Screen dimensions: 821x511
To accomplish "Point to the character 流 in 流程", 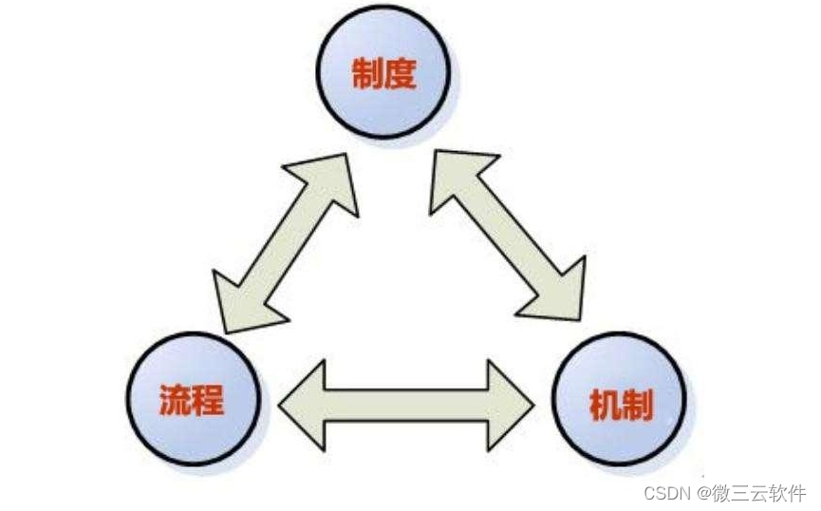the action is (175, 399).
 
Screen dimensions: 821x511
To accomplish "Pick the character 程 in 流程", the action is (207, 399).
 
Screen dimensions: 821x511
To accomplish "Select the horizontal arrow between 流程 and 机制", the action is (407, 404).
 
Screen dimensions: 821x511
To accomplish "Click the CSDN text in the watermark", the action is (666, 493).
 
